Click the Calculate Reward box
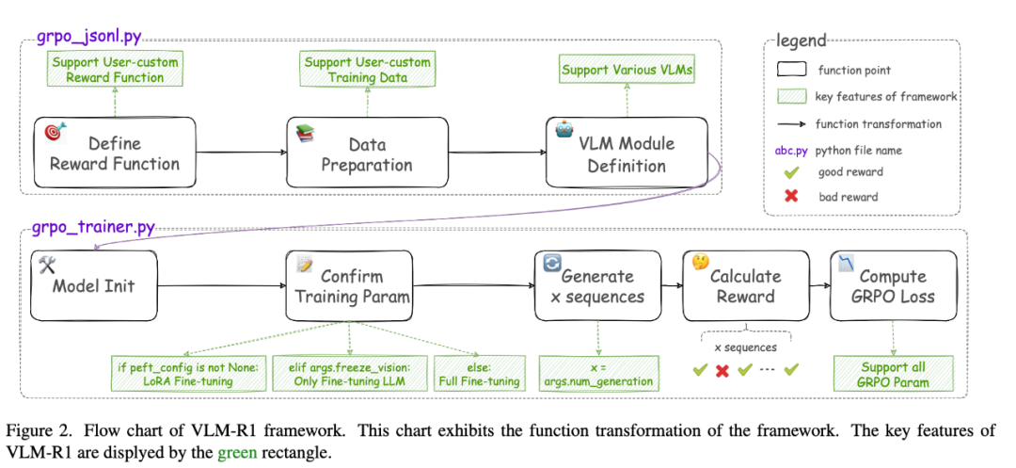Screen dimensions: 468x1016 click(x=745, y=284)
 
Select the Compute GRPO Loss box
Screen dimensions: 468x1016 click(x=893, y=284)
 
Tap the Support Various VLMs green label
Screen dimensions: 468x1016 click(x=625, y=70)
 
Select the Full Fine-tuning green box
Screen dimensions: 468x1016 click(x=478, y=374)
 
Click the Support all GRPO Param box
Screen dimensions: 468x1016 click(x=894, y=374)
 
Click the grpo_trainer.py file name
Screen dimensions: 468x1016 click(x=94, y=228)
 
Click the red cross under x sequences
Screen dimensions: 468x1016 click(x=722, y=370)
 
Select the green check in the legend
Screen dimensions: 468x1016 click(x=791, y=173)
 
